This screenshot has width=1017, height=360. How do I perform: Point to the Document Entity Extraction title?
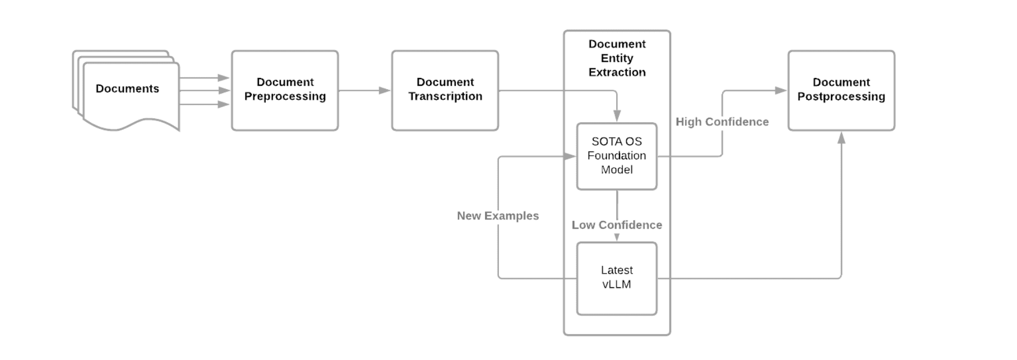pos(617,58)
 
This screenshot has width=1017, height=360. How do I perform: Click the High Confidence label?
pos(722,122)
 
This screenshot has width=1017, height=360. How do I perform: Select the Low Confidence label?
pos(617,225)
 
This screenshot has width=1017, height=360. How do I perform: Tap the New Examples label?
pos(498,216)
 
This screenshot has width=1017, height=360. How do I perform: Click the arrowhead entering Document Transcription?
pos(385,90)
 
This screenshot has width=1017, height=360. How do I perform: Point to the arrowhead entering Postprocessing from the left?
pos(781,90)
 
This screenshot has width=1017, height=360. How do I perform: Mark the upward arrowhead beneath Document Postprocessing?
pos(841,137)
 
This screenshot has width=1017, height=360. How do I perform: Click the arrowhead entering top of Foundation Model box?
pos(617,116)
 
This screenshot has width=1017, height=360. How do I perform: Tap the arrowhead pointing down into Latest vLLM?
pos(617,237)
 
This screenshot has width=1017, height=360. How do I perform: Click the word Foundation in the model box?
pos(617,155)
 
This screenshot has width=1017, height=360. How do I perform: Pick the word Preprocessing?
pos(285,96)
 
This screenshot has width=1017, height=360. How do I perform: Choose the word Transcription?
pos(445,96)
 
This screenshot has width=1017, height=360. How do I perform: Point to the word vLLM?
pos(617,284)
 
